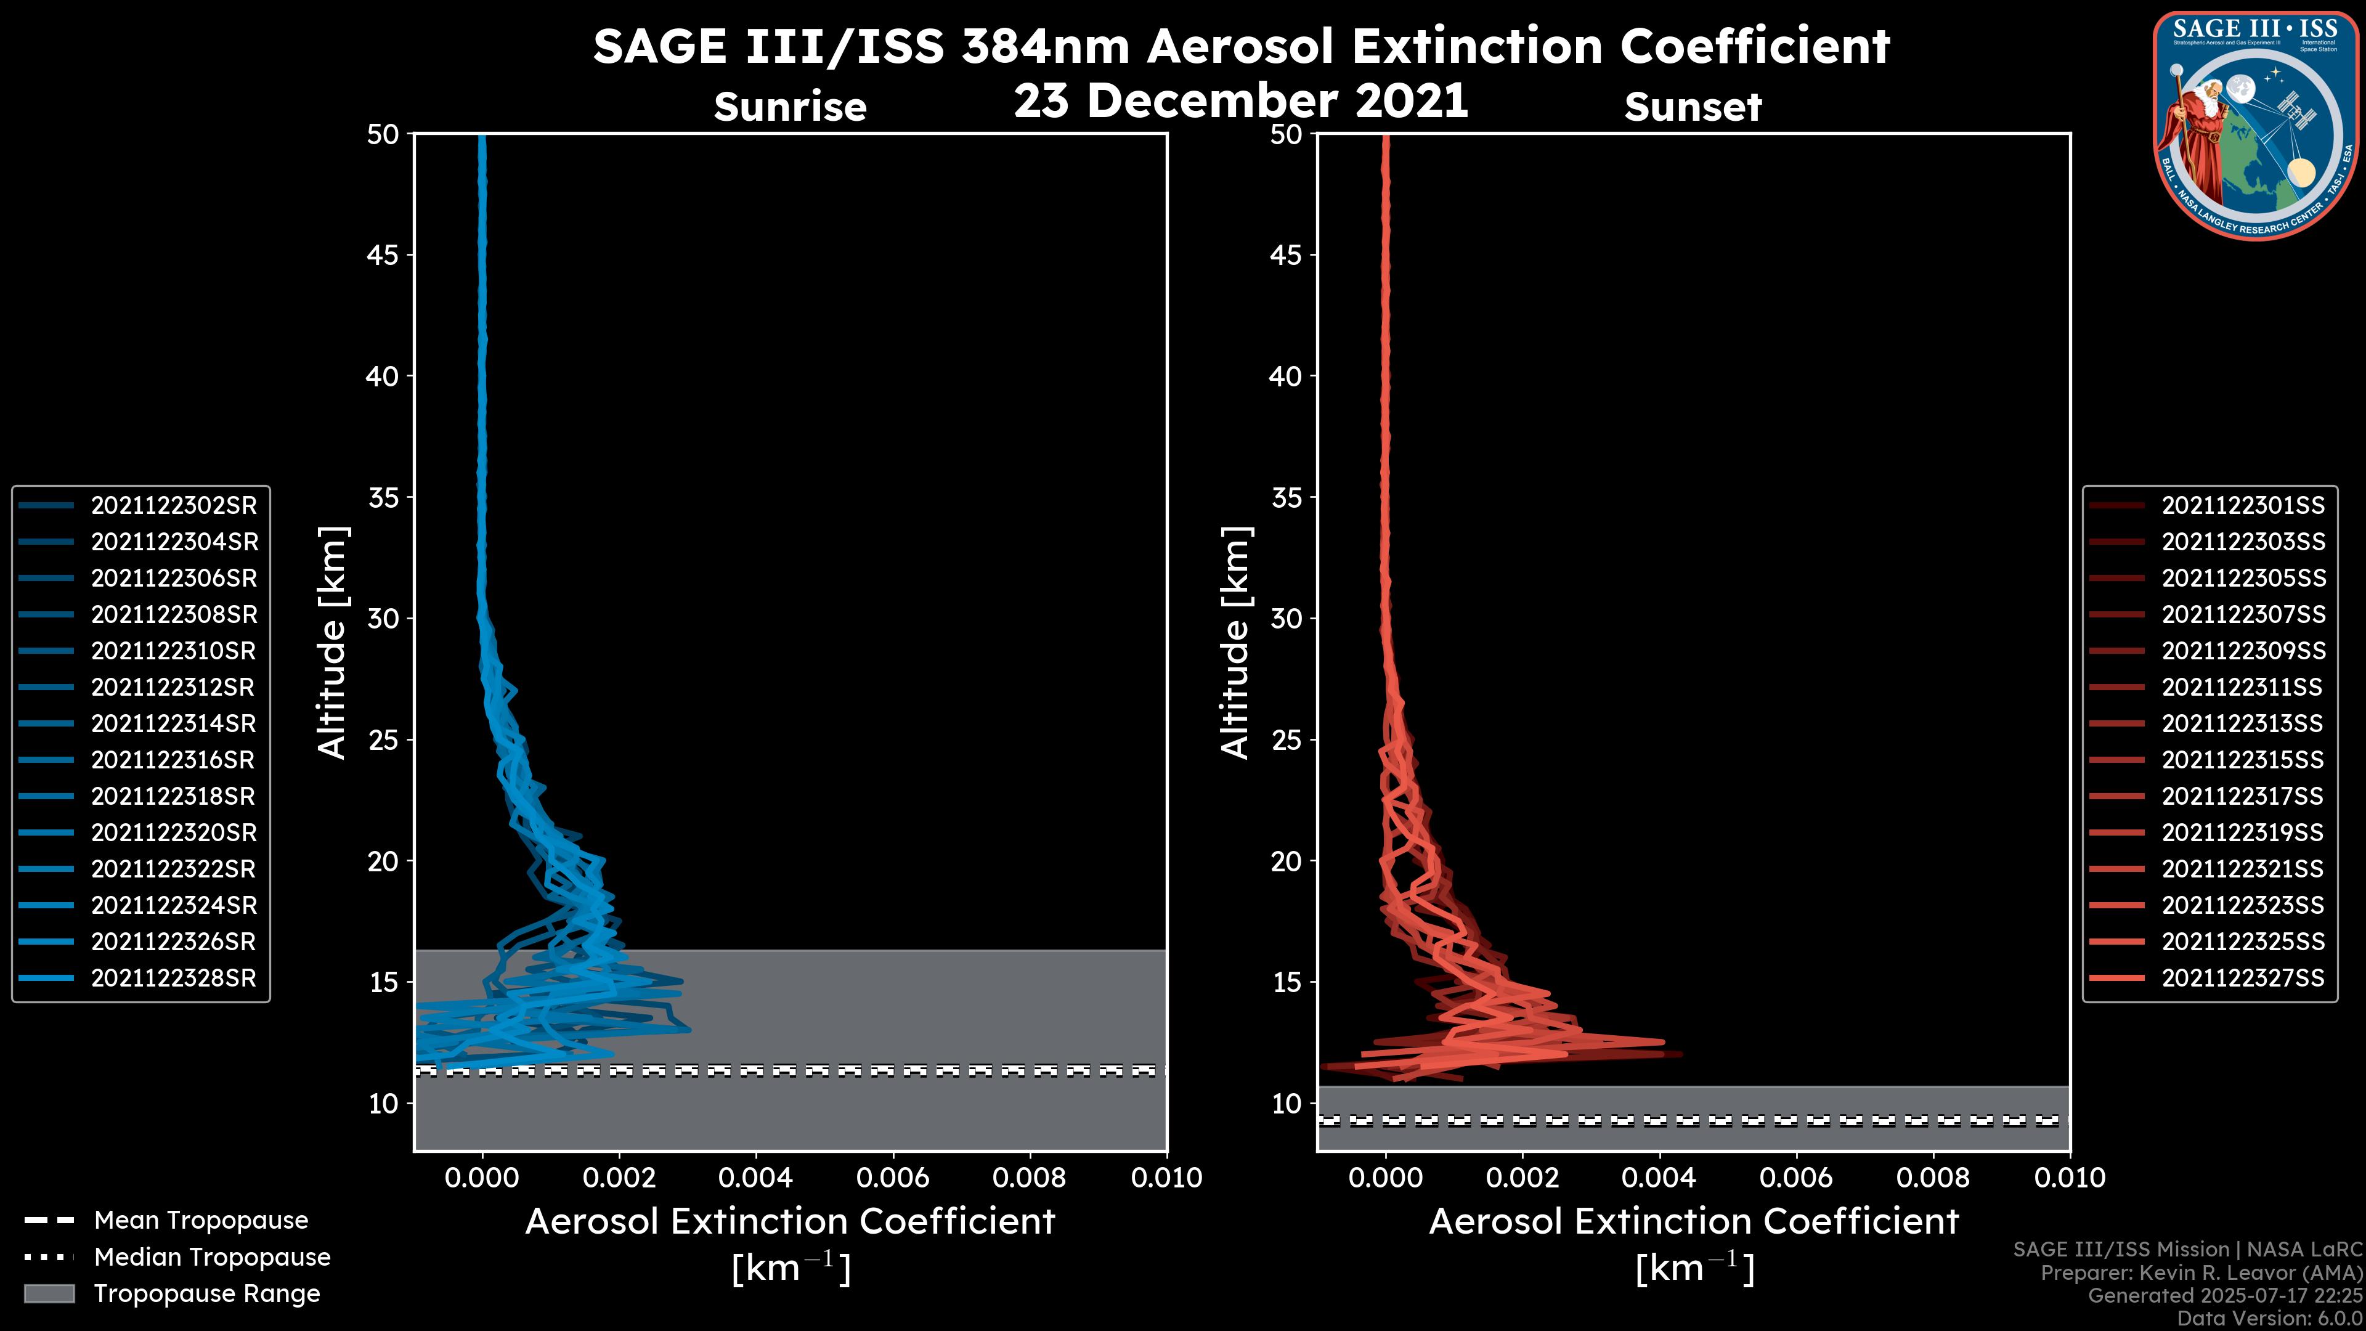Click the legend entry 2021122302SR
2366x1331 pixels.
[174, 505]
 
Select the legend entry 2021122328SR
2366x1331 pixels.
[174, 979]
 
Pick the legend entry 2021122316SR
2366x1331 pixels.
[174, 760]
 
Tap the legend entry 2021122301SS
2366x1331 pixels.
[2242, 505]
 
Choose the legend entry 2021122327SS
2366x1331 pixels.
[2242, 979]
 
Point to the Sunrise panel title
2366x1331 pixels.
[790, 107]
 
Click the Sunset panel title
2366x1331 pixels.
[1693, 107]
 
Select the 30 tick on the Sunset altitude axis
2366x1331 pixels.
[1286, 618]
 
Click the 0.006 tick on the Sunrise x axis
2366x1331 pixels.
[893, 1178]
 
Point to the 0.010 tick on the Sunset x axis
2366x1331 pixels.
[2070, 1178]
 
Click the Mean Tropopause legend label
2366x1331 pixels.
[201, 1220]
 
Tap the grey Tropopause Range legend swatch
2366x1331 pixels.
[49, 1293]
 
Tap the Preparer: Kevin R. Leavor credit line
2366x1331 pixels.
[2201, 1273]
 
